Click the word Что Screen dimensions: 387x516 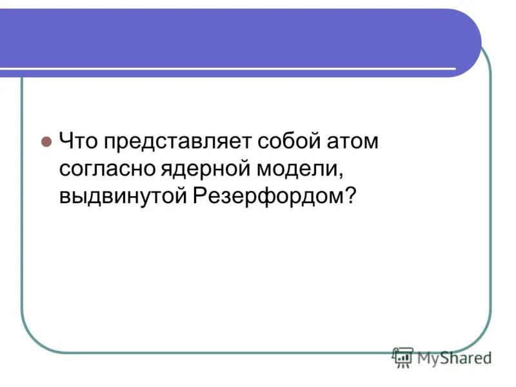pyautogui.click(x=76, y=141)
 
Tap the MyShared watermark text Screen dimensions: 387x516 pyautogui.click(x=453, y=357)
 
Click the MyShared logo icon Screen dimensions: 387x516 pyautogui.click(x=402, y=357)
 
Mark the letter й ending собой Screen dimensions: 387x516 pyautogui.click(x=308, y=141)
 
